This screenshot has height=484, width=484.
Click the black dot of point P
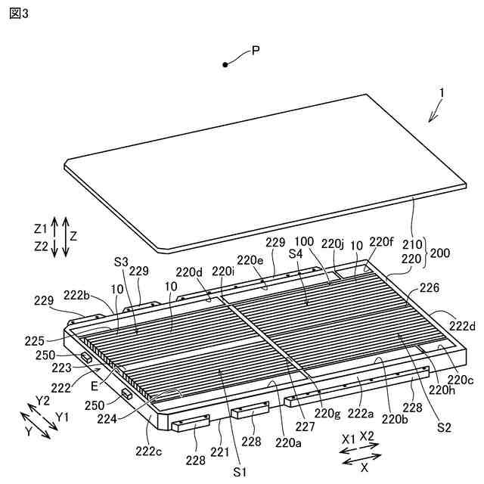tap(225, 65)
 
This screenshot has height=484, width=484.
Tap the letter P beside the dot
tap(256, 51)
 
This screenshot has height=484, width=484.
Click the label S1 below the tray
tap(240, 471)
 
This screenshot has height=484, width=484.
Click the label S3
tap(122, 261)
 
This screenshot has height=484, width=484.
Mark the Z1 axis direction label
tap(41, 228)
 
